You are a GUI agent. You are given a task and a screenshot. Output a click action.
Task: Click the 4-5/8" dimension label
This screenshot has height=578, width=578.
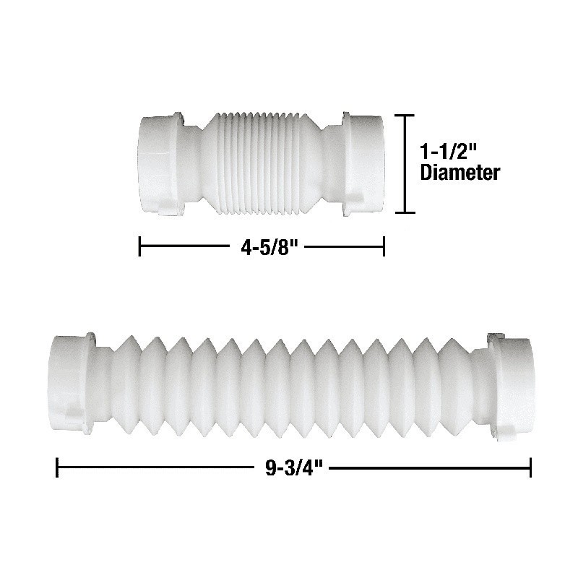269,247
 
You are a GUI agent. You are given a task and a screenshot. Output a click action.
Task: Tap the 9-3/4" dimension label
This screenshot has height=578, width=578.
294,468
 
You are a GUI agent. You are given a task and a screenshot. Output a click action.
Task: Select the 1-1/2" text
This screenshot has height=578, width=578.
449,152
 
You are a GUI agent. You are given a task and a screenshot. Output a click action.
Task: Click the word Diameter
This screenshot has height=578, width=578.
460,172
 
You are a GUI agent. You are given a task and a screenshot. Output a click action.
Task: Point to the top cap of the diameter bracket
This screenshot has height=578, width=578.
405,116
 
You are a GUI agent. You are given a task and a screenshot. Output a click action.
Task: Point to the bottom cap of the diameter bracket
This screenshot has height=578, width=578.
405,212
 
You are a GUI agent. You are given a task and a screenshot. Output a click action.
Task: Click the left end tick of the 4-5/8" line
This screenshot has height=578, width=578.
139,246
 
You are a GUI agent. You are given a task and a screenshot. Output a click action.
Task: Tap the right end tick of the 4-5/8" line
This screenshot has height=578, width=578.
384,246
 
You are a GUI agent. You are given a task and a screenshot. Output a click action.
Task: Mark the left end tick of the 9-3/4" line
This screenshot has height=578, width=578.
57,467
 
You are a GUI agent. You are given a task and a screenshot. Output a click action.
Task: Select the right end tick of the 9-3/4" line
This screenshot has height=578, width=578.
530,467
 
